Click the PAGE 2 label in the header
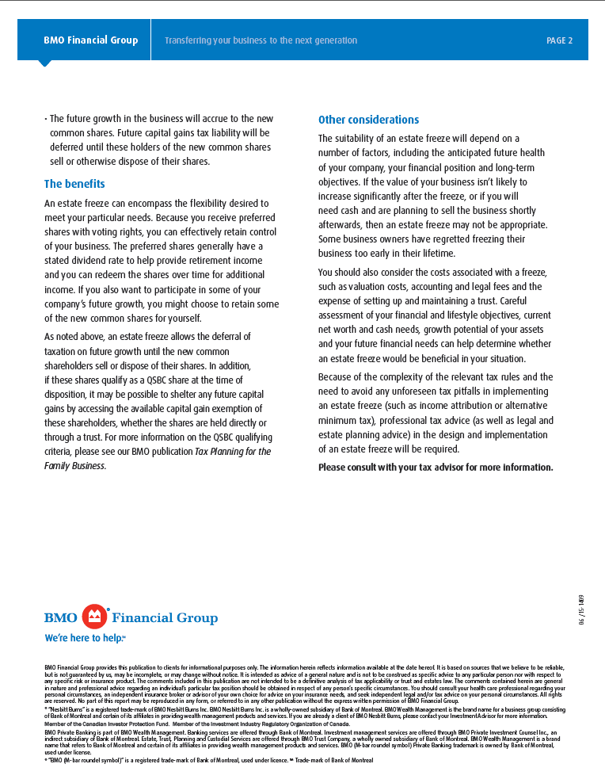point(559,40)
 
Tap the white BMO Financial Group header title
point(90,40)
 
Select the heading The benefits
point(74,184)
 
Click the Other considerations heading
point(368,120)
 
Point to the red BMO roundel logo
point(96,617)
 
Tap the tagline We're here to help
point(85,638)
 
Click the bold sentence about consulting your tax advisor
point(435,467)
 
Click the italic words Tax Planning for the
point(233,452)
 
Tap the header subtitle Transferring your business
point(261,40)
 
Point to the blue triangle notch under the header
point(45,63)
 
